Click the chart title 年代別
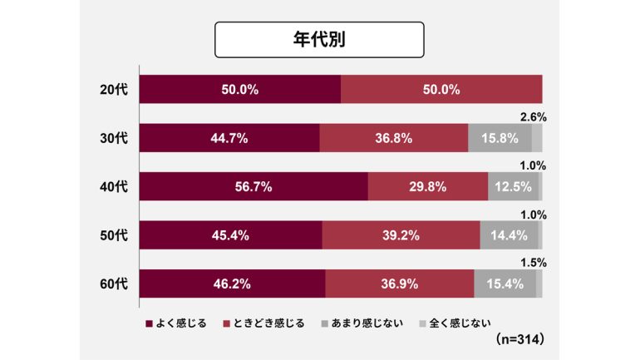coord(319,40)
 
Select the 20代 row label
coord(112,90)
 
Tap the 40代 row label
coord(112,187)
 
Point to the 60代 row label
coord(112,284)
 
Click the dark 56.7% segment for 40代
coord(253,187)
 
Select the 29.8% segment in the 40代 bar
coord(427,187)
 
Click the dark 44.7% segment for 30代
coord(229,138)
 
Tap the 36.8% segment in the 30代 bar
coord(393,138)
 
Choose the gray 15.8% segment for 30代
coord(500,138)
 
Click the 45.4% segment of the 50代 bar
coord(230,235)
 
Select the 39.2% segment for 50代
coord(401,235)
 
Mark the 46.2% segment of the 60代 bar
coord(232,284)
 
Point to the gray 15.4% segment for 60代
coord(505,284)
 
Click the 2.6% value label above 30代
coord(533,117)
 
